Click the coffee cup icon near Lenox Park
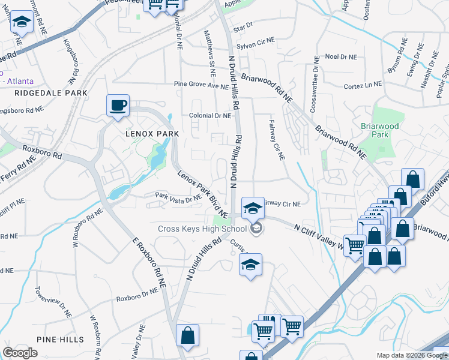[118, 106]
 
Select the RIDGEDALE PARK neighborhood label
[52, 93]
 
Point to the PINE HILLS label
[60, 340]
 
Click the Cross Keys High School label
[202, 229]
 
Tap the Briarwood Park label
[377, 130]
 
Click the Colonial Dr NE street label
[209, 116]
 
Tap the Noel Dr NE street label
[340, 56]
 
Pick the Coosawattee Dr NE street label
[313, 84]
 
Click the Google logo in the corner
[20, 353]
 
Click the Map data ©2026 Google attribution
[411, 355]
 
